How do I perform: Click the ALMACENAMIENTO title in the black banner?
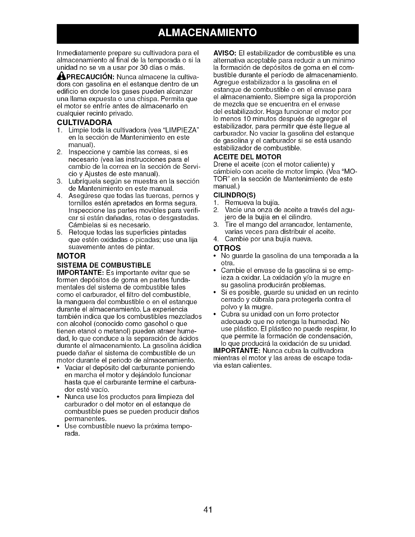(207, 34)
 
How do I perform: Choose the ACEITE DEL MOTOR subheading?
(248, 157)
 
